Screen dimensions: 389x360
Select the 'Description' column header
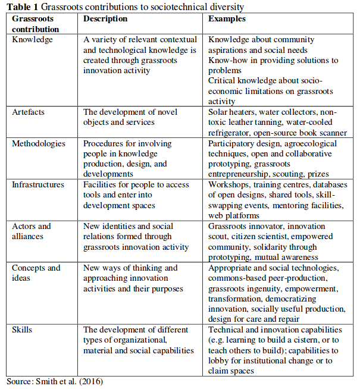(x=105, y=19)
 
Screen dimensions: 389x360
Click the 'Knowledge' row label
(x=32, y=39)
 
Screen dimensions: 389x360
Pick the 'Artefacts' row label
(x=29, y=112)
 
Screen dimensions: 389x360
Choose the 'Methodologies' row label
(x=39, y=143)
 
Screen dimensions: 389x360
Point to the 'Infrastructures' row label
(x=38, y=184)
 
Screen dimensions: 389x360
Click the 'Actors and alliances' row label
(x=32, y=231)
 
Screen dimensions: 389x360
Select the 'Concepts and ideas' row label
(x=36, y=272)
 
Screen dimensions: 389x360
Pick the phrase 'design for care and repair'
(x=254, y=319)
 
